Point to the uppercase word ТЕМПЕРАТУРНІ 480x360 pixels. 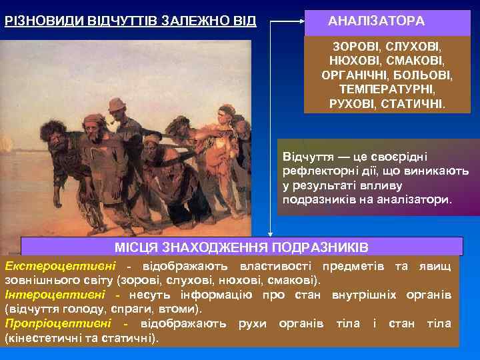(x=387, y=90)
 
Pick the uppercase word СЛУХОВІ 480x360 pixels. (x=413, y=48)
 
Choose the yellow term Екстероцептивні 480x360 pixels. (x=55, y=267)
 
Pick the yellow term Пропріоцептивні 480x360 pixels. (x=58, y=323)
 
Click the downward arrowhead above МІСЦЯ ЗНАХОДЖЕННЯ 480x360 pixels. (x=270, y=233)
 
